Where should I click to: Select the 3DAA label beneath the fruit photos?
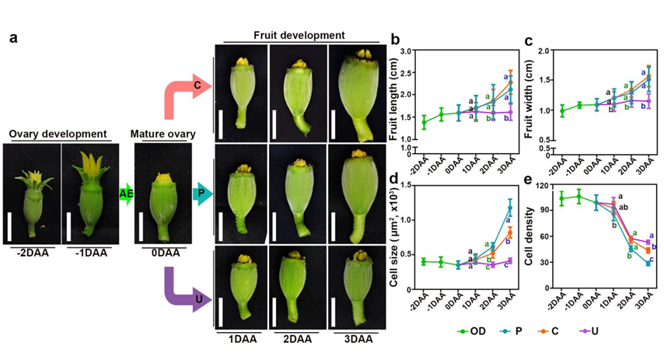354,340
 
